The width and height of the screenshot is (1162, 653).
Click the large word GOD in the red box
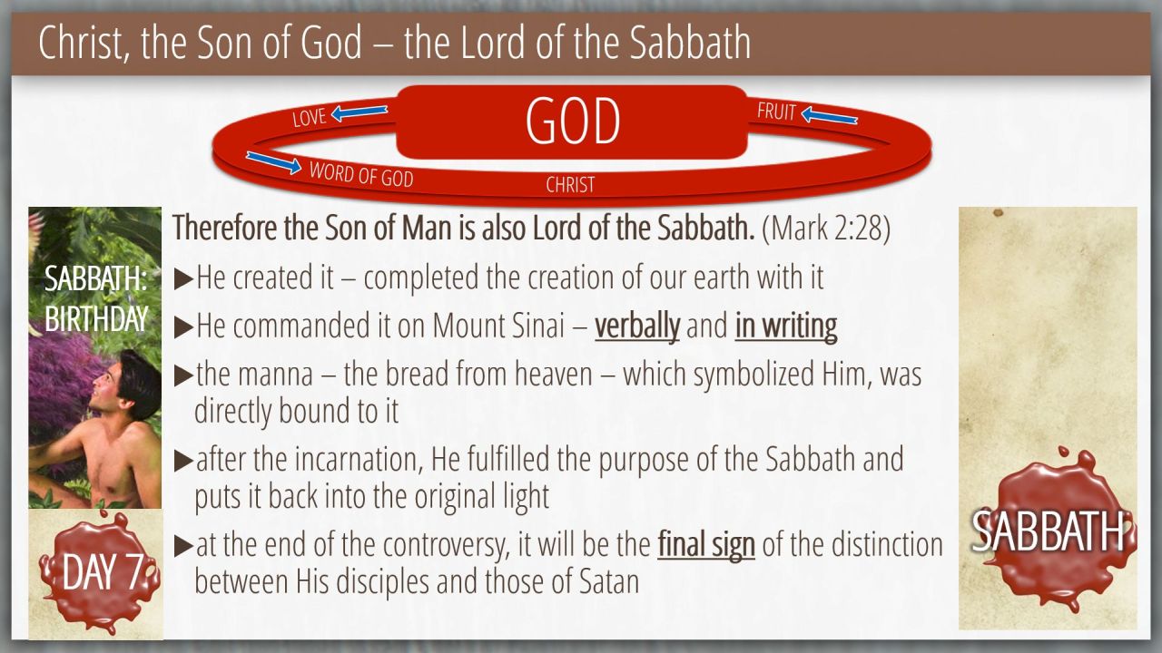[x=573, y=122]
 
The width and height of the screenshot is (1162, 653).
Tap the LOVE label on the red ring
[x=310, y=117]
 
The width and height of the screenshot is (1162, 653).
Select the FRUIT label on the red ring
[x=776, y=112]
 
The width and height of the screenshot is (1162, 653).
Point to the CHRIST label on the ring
[x=570, y=185]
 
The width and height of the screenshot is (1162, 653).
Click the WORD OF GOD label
[x=361, y=175]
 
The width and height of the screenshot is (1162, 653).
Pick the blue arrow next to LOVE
[x=359, y=112]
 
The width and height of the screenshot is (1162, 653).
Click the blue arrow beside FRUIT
[x=829, y=115]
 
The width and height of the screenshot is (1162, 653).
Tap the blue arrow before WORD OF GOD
[x=274, y=162]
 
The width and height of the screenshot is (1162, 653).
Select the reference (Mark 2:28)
[x=826, y=228]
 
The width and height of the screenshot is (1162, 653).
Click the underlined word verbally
[x=637, y=326]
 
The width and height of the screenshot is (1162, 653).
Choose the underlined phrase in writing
[x=786, y=326]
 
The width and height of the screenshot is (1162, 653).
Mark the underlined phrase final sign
[x=706, y=545]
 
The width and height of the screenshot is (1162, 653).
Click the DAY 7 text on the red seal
[x=103, y=571]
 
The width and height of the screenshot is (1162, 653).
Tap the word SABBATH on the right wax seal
[x=1048, y=531]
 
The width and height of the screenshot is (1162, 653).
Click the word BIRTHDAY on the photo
[x=96, y=318]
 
